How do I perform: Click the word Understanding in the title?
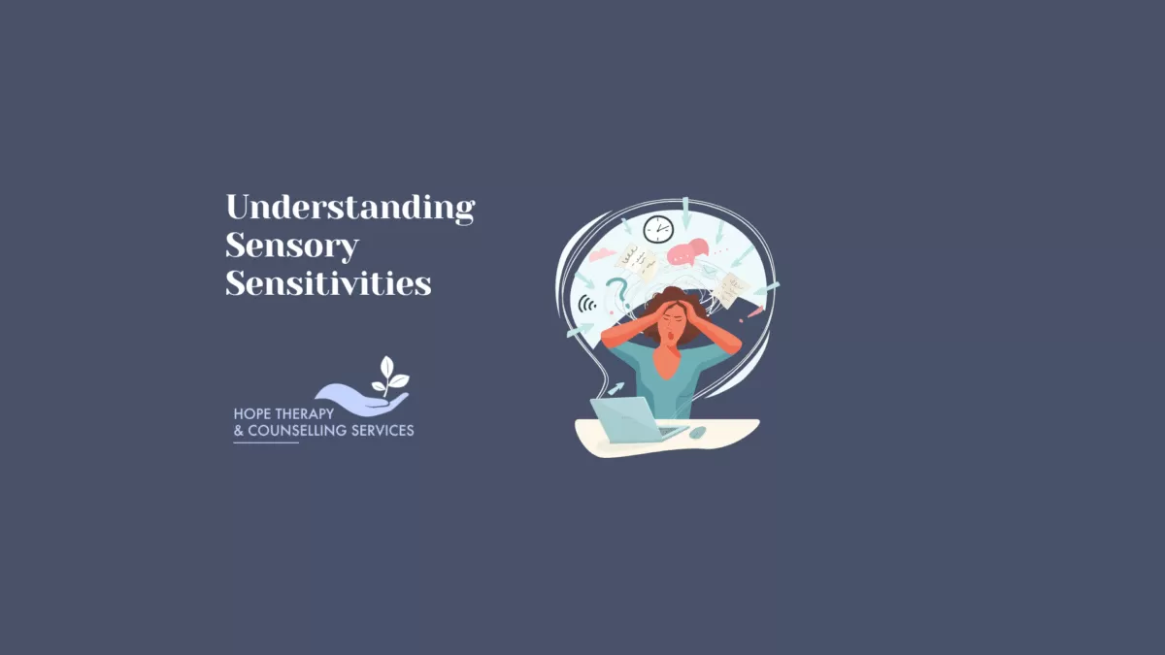tap(349, 208)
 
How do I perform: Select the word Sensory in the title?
tap(291, 246)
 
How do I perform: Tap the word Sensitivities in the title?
tap(328, 283)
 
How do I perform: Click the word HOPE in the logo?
tap(252, 413)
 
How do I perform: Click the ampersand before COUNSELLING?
tap(239, 430)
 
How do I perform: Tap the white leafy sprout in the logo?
tap(390, 375)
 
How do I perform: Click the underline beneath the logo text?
tap(266, 442)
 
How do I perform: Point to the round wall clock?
tap(658, 229)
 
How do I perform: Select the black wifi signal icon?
tap(587, 305)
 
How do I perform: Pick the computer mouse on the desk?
tap(698, 432)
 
